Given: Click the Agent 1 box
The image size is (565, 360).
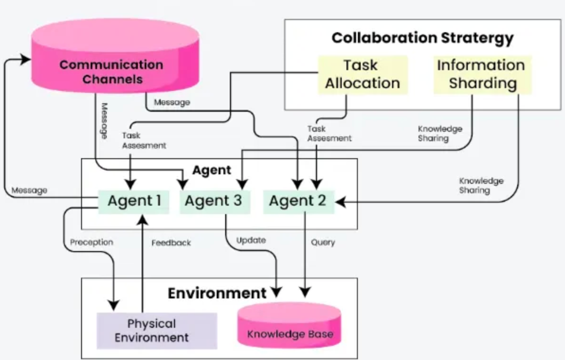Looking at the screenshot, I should point(134,201).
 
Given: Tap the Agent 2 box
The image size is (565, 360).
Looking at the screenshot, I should point(298,201).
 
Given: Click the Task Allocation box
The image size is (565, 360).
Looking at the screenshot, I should point(363,74).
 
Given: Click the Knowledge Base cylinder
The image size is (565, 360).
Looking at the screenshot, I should point(290,327).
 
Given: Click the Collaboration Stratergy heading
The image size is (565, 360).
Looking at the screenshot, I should point(422,38).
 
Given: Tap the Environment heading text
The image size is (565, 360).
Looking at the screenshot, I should point(217,293).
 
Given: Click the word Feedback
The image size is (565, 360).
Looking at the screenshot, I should point(171,243).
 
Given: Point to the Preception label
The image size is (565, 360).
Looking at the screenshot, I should point(91,243).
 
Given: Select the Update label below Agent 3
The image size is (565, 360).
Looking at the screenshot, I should point(251,240).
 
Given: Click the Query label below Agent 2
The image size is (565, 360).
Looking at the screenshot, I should point(323,243).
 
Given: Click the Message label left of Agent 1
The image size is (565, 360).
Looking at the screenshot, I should point(29,190).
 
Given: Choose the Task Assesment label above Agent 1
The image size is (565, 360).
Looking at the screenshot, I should point(144,141).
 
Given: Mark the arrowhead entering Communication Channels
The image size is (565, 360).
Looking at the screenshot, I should point(26,59).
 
